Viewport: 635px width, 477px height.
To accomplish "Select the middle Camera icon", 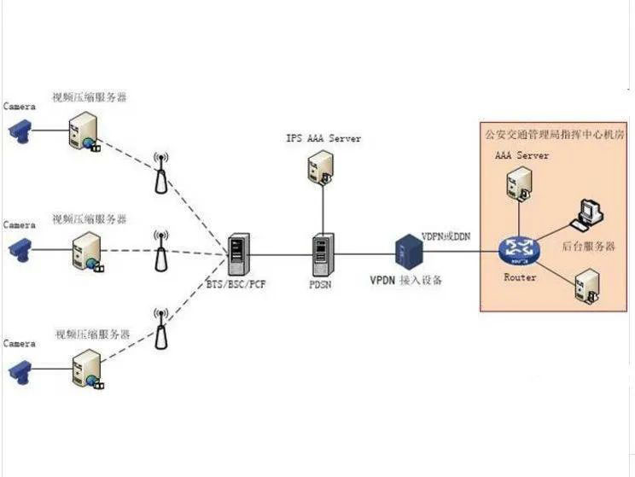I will (x=18, y=249).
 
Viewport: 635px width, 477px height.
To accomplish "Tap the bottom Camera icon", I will (x=18, y=369).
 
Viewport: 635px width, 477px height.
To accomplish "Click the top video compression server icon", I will (x=84, y=131).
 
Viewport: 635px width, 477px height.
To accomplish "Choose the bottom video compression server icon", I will (x=87, y=369).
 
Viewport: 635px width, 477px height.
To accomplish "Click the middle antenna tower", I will (x=160, y=250).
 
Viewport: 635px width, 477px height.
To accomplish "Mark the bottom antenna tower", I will (x=160, y=328).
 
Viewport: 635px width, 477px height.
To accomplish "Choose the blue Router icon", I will (x=518, y=250).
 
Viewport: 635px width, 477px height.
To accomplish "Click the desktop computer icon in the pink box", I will (x=586, y=214).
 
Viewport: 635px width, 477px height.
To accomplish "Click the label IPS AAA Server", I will (x=323, y=138).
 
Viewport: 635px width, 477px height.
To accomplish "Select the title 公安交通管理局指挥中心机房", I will (x=553, y=134).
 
